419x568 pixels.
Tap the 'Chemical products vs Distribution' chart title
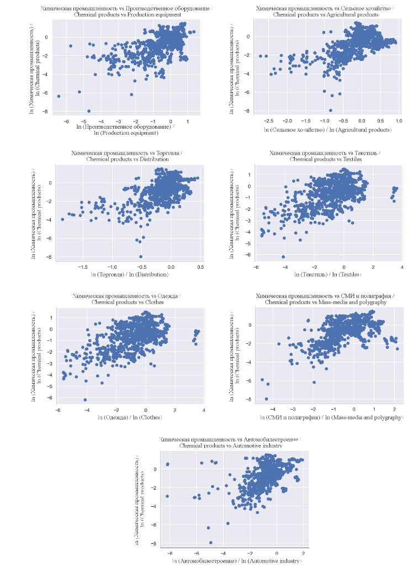pos(127,160)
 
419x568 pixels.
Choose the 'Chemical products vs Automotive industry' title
pos(231,445)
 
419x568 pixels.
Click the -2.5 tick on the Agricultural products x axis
pos(268,120)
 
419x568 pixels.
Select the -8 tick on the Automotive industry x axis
pos(168,553)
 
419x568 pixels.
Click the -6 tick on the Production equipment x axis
pos(66,121)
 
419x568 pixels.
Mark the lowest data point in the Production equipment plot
pos(89,111)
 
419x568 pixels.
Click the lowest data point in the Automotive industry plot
pos(210,543)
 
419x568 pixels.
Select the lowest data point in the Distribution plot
pos(141,257)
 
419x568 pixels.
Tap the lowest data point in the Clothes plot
pos(85,400)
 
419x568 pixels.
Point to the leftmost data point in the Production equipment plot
pos(59,96)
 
